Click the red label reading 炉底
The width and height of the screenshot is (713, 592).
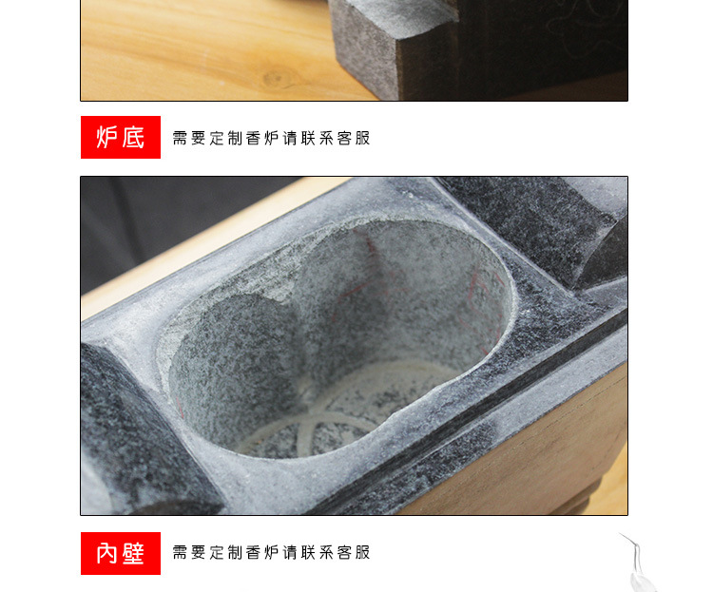[x=121, y=138]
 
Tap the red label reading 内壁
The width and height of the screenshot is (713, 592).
[x=121, y=553]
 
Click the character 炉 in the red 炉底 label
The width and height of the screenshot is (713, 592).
[x=106, y=138]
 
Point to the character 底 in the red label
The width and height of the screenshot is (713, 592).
[x=134, y=138]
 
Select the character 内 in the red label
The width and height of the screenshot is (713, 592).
[x=106, y=553]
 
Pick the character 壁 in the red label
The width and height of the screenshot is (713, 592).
[x=134, y=553]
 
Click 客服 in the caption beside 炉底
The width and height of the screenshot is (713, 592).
[x=354, y=138]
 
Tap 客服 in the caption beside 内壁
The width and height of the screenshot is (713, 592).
[x=354, y=552]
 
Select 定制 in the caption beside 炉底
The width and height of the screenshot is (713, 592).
[x=225, y=138]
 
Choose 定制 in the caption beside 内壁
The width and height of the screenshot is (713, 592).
[x=225, y=552]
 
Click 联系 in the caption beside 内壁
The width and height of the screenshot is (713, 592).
[x=317, y=552]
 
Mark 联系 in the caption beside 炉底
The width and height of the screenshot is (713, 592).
[x=317, y=138]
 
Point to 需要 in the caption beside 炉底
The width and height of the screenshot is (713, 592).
[x=189, y=138]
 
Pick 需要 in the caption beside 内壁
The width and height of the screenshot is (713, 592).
[x=189, y=552]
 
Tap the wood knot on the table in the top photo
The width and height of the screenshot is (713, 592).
[x=274, y=79]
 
